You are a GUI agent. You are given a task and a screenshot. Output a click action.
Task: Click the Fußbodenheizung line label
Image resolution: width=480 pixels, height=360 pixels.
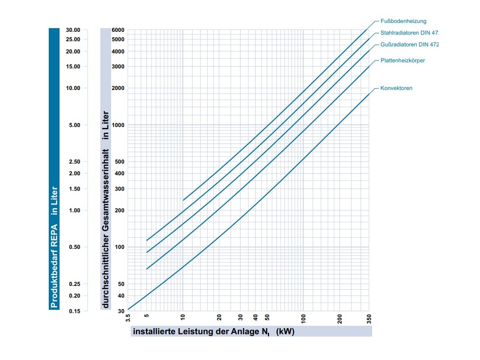[x=403, y=21]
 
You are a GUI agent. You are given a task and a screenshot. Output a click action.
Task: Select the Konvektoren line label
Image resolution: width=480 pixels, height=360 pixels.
[x=397, y=88]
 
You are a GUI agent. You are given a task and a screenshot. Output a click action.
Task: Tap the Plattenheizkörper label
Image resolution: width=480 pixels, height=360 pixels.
[x=403, y=60]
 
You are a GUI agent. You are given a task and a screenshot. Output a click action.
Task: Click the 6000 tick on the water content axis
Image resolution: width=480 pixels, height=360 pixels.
[x=118, y=30]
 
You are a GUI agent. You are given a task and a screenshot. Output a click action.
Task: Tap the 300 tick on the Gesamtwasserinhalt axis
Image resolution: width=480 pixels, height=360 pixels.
[x=119, y=189]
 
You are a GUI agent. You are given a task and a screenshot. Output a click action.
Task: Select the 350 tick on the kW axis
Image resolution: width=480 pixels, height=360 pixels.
[x=369, y=319]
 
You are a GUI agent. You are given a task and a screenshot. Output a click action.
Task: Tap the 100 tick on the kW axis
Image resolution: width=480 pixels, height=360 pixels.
[x=303, y=319]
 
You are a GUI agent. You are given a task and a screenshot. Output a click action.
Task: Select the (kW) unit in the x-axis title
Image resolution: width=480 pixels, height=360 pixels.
[x=285, y=331]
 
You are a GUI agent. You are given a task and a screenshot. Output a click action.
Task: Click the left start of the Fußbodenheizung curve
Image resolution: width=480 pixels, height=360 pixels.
[x=183, y=200]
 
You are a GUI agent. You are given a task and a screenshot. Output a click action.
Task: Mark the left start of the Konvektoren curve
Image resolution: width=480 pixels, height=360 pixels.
[x=128, y=310]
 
